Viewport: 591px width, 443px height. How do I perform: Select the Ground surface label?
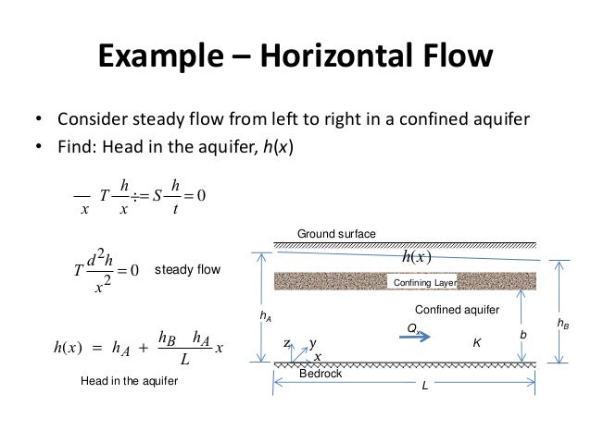(x=336, y=234)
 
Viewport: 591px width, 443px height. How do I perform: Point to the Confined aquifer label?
(x=457, y=309)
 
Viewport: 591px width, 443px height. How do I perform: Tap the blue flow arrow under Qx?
(x=414, y=339)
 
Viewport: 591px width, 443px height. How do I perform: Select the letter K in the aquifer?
(x=476, y=342)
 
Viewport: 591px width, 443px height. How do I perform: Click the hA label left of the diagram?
(x=267, y=316)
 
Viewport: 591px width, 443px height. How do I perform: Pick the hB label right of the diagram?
(x=563, y=324)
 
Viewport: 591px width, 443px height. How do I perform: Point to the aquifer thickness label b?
(x=526, y=333)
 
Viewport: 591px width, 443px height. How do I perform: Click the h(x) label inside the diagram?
(x=420, y=256)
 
